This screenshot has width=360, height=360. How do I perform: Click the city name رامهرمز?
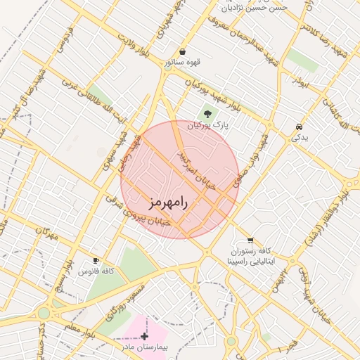[168, 202]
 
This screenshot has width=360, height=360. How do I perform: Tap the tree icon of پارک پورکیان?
[207, 113]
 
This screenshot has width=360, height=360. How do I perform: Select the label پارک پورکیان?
[208, 125]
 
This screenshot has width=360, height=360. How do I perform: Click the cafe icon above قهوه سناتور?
[183, 51]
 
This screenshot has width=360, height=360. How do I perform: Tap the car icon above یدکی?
[300, 127]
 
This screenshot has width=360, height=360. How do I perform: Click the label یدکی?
[300, 138]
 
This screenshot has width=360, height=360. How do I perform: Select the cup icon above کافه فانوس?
[96, 260]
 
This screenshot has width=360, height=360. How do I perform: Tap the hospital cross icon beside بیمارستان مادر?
[145, 336]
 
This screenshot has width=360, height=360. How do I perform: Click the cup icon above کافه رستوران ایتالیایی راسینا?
[250, 240]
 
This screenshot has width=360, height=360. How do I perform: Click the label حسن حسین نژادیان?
[255, 8]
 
